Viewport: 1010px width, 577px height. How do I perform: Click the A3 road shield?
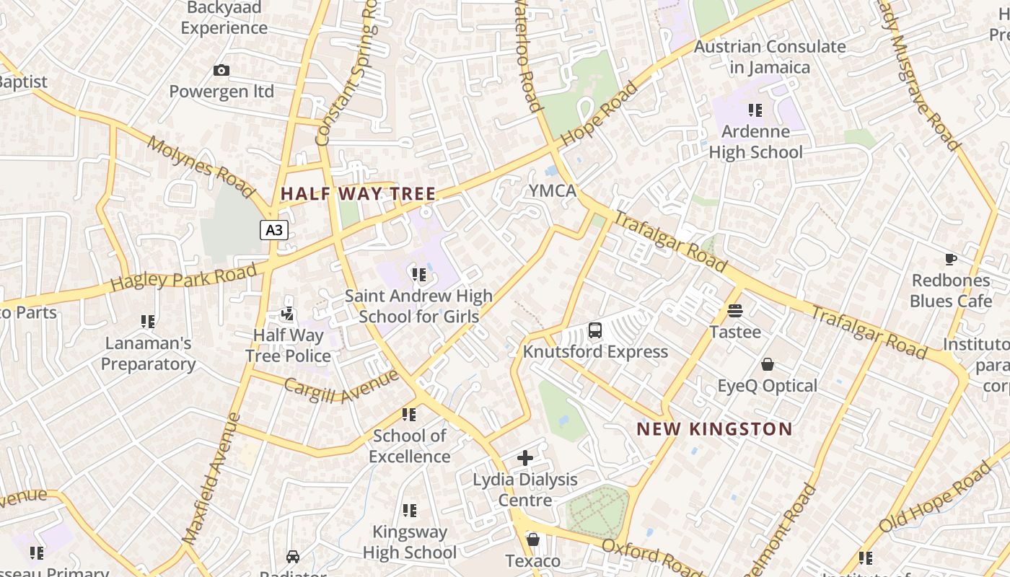[274, 230]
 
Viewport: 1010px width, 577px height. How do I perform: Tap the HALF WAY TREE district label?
[358, 193]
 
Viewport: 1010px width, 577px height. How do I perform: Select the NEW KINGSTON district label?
[714, 429]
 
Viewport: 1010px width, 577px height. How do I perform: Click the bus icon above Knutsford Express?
[595, 330]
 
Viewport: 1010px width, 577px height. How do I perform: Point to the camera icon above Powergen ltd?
[221, 70]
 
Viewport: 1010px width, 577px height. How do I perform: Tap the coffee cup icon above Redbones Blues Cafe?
[951, 259]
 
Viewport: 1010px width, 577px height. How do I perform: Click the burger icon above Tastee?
[735, 311]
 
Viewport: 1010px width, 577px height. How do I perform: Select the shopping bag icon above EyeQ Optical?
[768, 364]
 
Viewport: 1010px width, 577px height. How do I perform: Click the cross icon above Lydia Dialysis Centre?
[525, 458]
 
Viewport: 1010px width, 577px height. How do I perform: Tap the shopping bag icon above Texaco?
[533, 539]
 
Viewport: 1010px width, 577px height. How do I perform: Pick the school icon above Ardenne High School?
[755, 110]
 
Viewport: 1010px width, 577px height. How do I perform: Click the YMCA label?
[553, 191]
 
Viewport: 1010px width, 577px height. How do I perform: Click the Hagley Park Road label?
[184, 278]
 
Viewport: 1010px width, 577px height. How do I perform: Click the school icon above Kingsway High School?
[410, 511]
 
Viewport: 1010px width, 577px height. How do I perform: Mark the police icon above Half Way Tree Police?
[288, 314]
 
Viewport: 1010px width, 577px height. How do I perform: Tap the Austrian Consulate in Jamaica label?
[770, 57]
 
